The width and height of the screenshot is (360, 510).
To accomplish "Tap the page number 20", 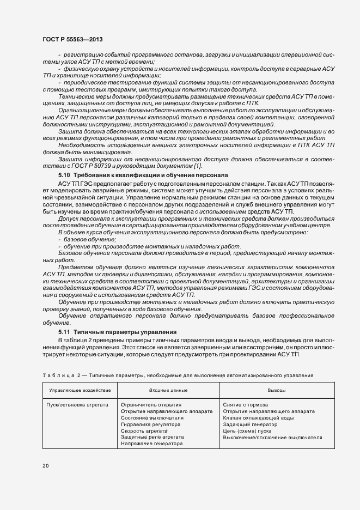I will (46, 466).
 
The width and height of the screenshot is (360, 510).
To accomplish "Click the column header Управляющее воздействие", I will (80, 391).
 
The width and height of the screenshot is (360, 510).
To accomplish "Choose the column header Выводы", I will (277, 391).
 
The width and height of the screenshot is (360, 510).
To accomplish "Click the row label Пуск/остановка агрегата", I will (77, 405).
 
